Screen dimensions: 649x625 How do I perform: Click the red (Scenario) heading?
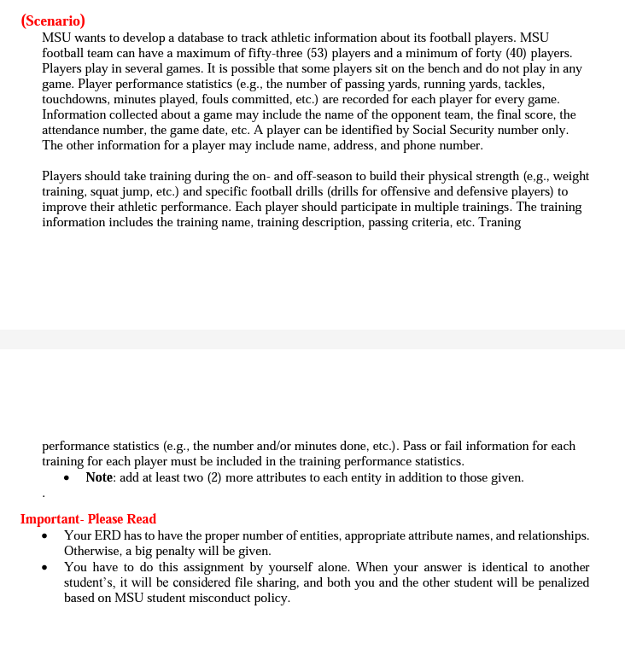[53, 21]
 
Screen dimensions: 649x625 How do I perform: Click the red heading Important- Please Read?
[88, 519]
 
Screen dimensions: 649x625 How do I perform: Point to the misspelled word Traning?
[499, 222]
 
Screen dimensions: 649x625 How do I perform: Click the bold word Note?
[99, 477]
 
